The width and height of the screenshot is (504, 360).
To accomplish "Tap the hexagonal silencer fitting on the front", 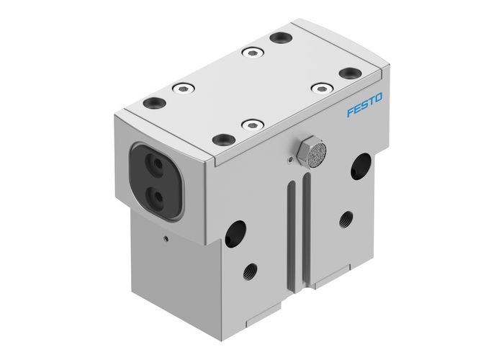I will click(315, 150).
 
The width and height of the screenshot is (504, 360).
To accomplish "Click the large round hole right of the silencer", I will click(359, 167).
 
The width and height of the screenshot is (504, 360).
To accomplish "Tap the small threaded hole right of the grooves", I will click(347, 217).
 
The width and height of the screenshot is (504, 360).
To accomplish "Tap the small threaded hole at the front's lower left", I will click(251, 272).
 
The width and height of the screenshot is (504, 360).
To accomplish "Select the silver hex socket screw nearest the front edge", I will click(252, 125).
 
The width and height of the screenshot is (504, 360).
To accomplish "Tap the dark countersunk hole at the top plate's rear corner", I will click(279, 36).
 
